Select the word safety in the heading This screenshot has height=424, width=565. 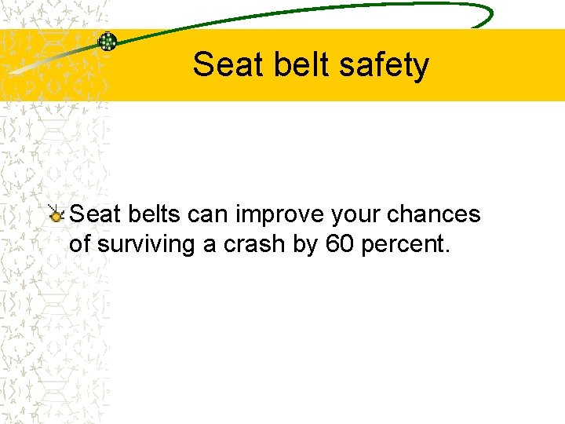(390, 64)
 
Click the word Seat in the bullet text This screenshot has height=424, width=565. (94, 214)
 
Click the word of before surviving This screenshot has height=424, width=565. (80, 244)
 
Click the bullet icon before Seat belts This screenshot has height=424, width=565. (56, 213)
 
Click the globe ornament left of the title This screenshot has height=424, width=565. (107, 42)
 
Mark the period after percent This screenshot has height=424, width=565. (447, 251)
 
